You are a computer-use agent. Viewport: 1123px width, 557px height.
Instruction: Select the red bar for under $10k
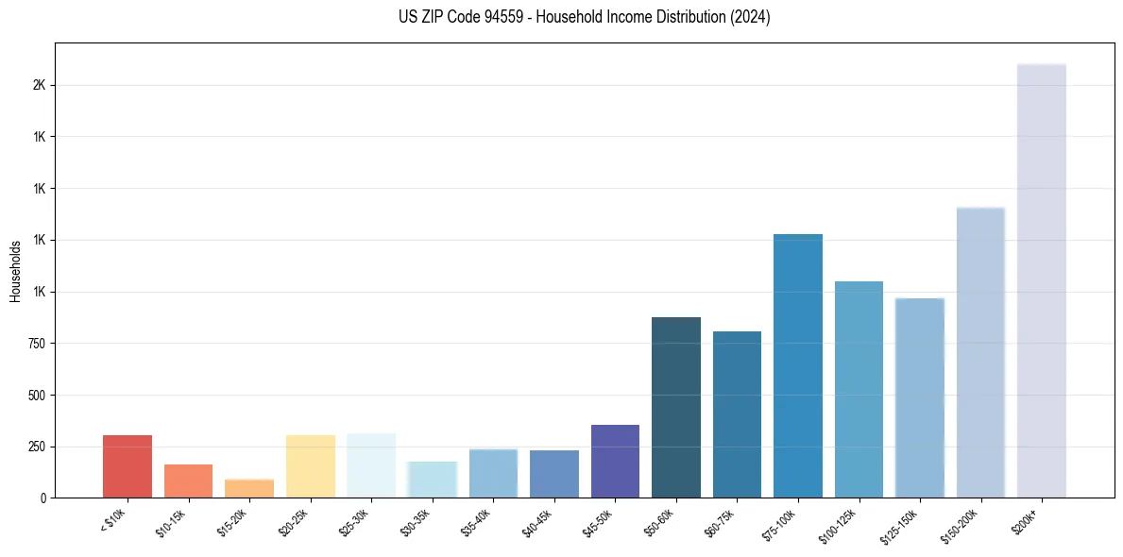pos(128,466)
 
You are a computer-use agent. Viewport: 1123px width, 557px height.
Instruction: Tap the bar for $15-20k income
pos(249,488)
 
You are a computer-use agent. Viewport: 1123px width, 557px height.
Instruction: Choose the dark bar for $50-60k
pos(676,407)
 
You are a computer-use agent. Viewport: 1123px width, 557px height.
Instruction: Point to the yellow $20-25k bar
pos(311,466)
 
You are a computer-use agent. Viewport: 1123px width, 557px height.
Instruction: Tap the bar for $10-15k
pos(188,481)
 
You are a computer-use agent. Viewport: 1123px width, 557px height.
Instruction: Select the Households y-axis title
pos(15,271)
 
